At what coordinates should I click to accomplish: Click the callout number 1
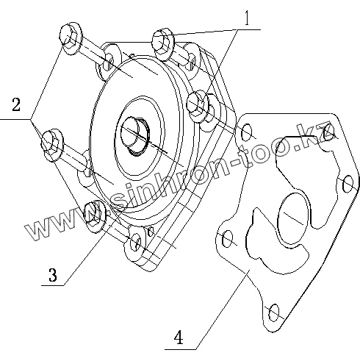click(x=247, y=18)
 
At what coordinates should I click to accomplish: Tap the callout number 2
click(x=16, y=104)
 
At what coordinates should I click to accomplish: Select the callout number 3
click(x=53, y=275)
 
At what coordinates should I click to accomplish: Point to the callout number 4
click(x=179, y=337)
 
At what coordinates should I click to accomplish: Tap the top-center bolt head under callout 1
click(x=163, y=43)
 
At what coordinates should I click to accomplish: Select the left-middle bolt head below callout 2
click(x=52, y=145)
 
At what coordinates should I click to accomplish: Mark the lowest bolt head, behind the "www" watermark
click(x=95, y=215)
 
